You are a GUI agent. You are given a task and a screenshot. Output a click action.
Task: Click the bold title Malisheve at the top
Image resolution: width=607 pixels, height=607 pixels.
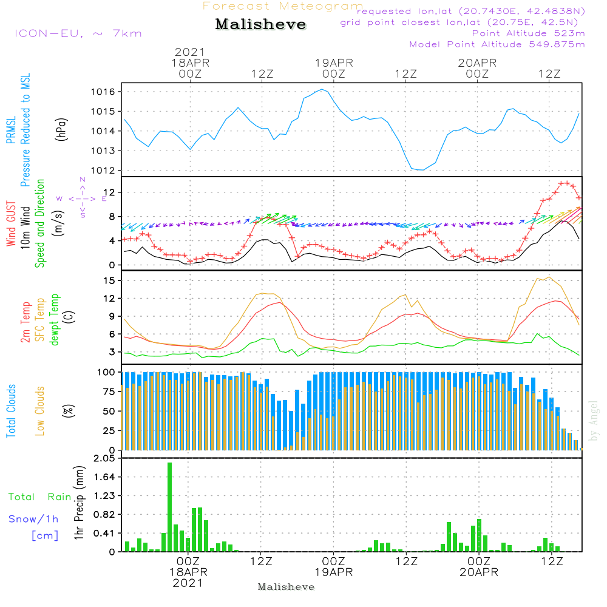[260, 25]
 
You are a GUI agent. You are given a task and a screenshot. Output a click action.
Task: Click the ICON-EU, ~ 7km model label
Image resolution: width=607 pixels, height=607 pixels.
[78, 33]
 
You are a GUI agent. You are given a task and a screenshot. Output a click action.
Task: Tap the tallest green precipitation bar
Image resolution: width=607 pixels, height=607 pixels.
[170, 507]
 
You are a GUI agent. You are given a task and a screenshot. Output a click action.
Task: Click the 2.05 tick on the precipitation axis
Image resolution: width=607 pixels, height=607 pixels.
[104, 459]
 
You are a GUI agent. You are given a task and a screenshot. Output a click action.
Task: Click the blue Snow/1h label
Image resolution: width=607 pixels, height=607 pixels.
[34, 519]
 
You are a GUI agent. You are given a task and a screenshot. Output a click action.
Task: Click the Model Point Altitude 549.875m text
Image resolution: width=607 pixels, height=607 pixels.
[497, 44]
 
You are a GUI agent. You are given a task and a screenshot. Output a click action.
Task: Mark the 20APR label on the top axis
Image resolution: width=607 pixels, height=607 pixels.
[478, 63]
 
